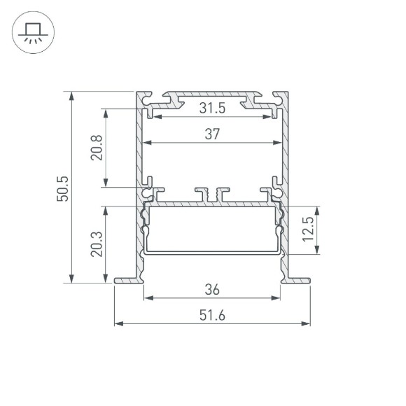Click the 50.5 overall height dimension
pos(62,188)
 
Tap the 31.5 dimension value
pos(212,108)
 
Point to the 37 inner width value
pos(212,135)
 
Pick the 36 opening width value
pos(212,288)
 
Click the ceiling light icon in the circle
pos(31,32)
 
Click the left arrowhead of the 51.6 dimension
pos(118,324)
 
